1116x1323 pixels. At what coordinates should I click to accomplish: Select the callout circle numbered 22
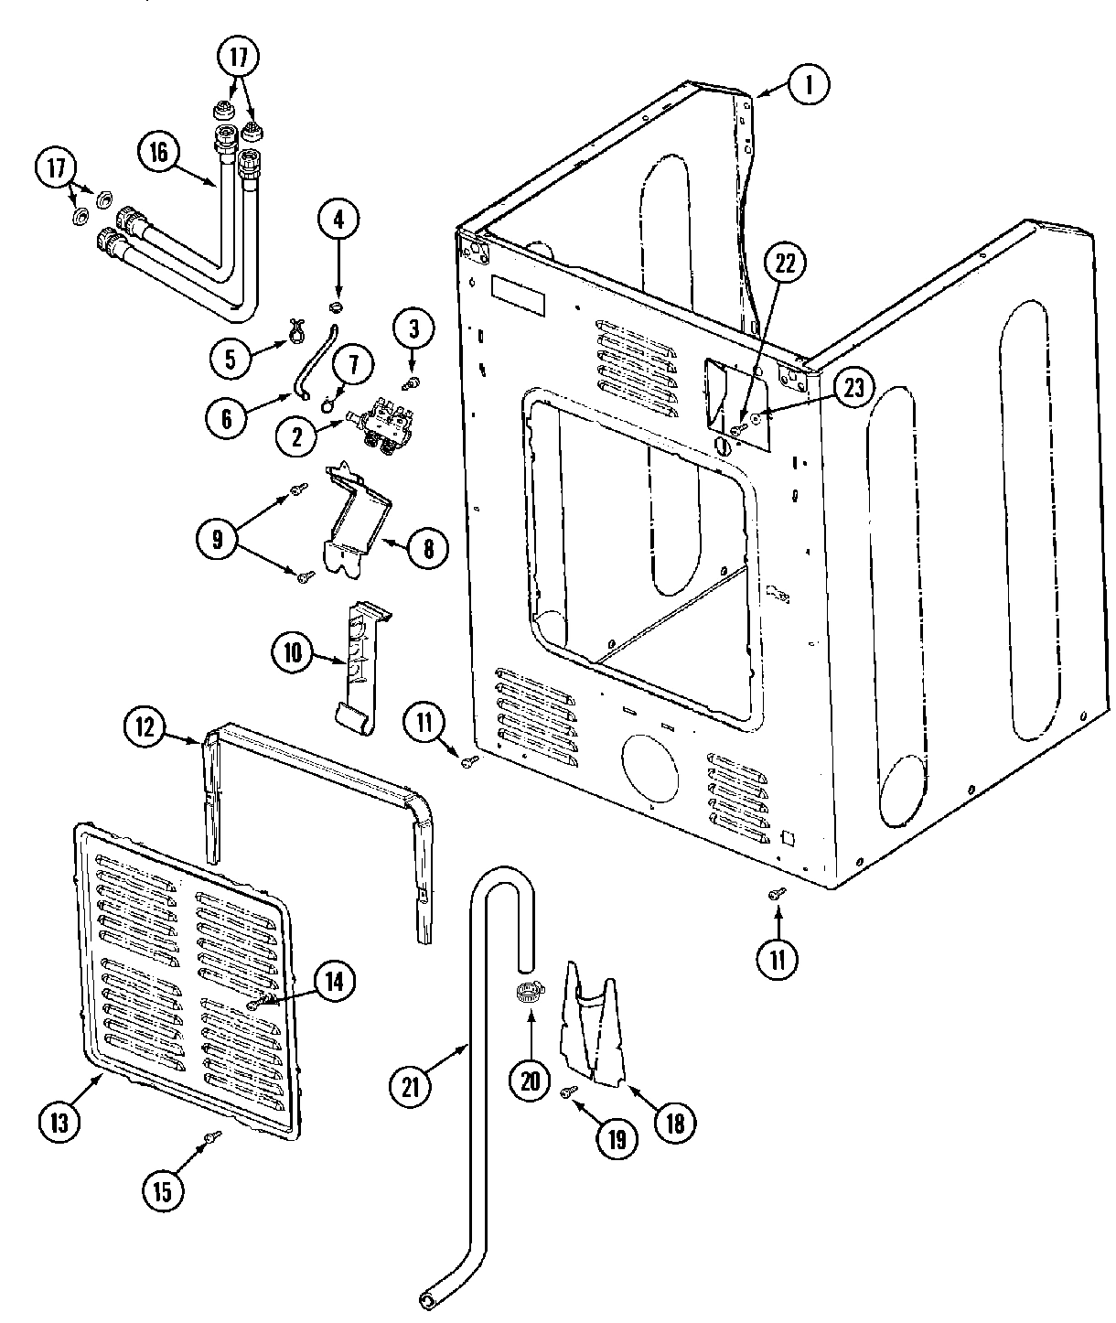point(786,264)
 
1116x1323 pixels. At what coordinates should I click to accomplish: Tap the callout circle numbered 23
point(852,387)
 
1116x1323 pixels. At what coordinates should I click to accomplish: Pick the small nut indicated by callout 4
point(338,303)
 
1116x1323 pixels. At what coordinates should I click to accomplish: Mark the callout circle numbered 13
point(59,1123)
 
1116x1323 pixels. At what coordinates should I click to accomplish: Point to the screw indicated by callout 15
point(213,1135)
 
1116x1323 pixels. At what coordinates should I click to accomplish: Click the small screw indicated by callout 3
point(413,382)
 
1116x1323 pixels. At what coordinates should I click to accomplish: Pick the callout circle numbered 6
point(226,418)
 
